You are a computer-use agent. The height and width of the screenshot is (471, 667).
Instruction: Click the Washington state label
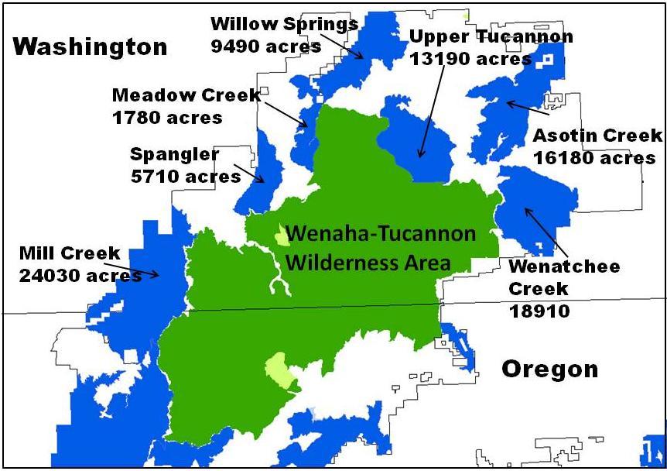(91, 47)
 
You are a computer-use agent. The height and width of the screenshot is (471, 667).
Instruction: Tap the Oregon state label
(549, 369)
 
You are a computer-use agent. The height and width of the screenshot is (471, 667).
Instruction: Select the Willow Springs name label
(284, 24)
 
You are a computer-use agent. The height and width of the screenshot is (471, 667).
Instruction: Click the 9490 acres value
(265, 46)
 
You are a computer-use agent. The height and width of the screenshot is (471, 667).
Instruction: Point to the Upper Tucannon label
(491, 36)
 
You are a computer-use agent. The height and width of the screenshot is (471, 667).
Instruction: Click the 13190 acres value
(470, 59)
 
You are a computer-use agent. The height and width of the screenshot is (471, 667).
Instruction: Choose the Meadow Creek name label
(186, 95)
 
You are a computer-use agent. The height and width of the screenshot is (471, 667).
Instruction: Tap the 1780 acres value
(167, 118)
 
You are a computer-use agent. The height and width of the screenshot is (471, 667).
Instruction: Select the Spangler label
(174, 153)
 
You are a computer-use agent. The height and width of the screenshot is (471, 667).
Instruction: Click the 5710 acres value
(186, 177)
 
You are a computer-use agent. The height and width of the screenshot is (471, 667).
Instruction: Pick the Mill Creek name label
(70, 253)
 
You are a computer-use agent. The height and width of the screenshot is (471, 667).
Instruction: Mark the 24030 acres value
(80, 275)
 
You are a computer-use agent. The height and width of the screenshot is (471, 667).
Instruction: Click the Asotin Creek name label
(597, 136)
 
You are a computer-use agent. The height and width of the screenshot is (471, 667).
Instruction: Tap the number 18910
(539, 311)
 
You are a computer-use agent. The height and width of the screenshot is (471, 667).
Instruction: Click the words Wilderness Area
(368, 262)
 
